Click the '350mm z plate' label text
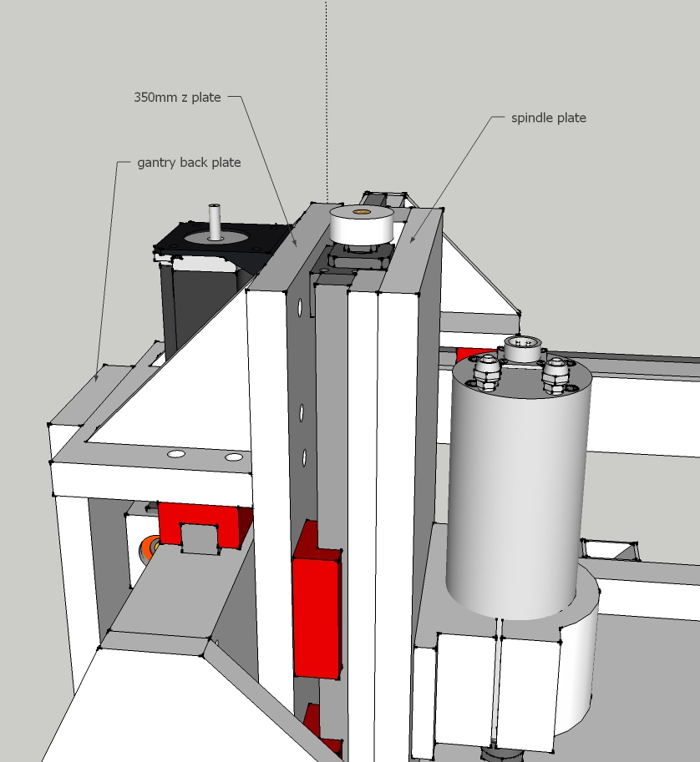(x=177, y=97)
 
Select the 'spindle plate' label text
(x=549, y=118)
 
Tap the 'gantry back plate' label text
(x=189, y=162)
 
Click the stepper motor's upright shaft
(x=215, y=222)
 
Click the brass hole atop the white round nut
(x=361, y=212)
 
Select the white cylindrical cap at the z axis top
(x=361, y=225)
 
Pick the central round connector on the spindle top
(x=522, y=348)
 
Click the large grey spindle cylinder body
(x=518, y=486)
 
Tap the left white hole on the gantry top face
(x=176, y=454)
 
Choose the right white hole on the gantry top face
(x=234, y=457)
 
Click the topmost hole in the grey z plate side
(x=300, y=306)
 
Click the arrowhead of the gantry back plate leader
(x=97, y=377)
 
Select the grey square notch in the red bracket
(x=200, y=538)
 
